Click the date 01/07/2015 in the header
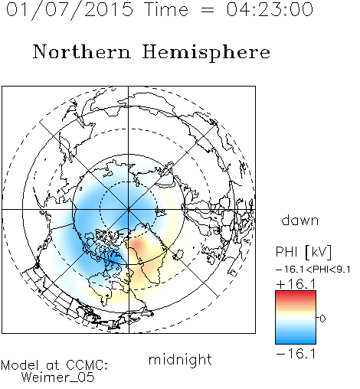click(70, 9)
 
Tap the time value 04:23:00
click(270, 9)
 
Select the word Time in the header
click(166, 9)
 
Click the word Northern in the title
click(82, 52)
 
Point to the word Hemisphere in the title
click(206, 52)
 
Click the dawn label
click(300, 221)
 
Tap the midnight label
click(180, 359)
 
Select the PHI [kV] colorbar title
click(303, 252)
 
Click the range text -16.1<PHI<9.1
click(313, 270)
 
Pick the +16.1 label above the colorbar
click(296, 284)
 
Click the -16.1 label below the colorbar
click(296, 354)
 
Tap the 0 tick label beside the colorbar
click(322, 319)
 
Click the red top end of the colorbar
click(296, 293)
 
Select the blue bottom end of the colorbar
click(296, 342)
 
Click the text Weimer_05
click(58, 378)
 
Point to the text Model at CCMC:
click(54, 365)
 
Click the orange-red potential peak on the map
click(137, 244)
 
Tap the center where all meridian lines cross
click(129, 210)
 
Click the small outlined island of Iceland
click(178, 254)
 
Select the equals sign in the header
click(208, 10)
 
